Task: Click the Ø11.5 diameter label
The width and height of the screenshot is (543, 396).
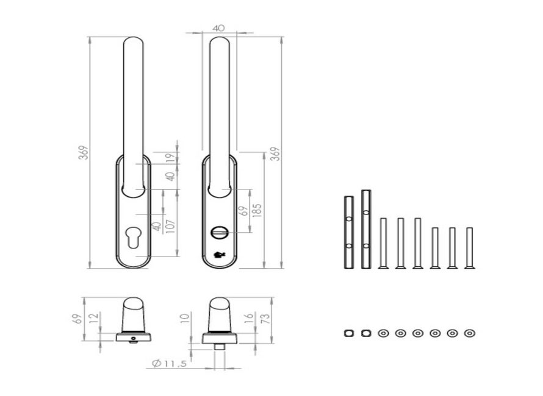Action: (x=170, y=364)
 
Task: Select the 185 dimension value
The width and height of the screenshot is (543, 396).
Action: (x=257, y=210)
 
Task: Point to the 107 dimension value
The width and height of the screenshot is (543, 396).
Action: (x=171, y=226)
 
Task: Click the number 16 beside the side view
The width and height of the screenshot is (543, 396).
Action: (x=249, y=318)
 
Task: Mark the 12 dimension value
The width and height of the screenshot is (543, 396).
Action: (x=94, y=317)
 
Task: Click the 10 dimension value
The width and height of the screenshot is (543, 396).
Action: (x=185, y=318)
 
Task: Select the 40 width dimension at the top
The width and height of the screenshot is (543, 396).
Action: (x=218, y=28)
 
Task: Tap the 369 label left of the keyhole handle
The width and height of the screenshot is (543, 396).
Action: (x=84, y=152)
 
